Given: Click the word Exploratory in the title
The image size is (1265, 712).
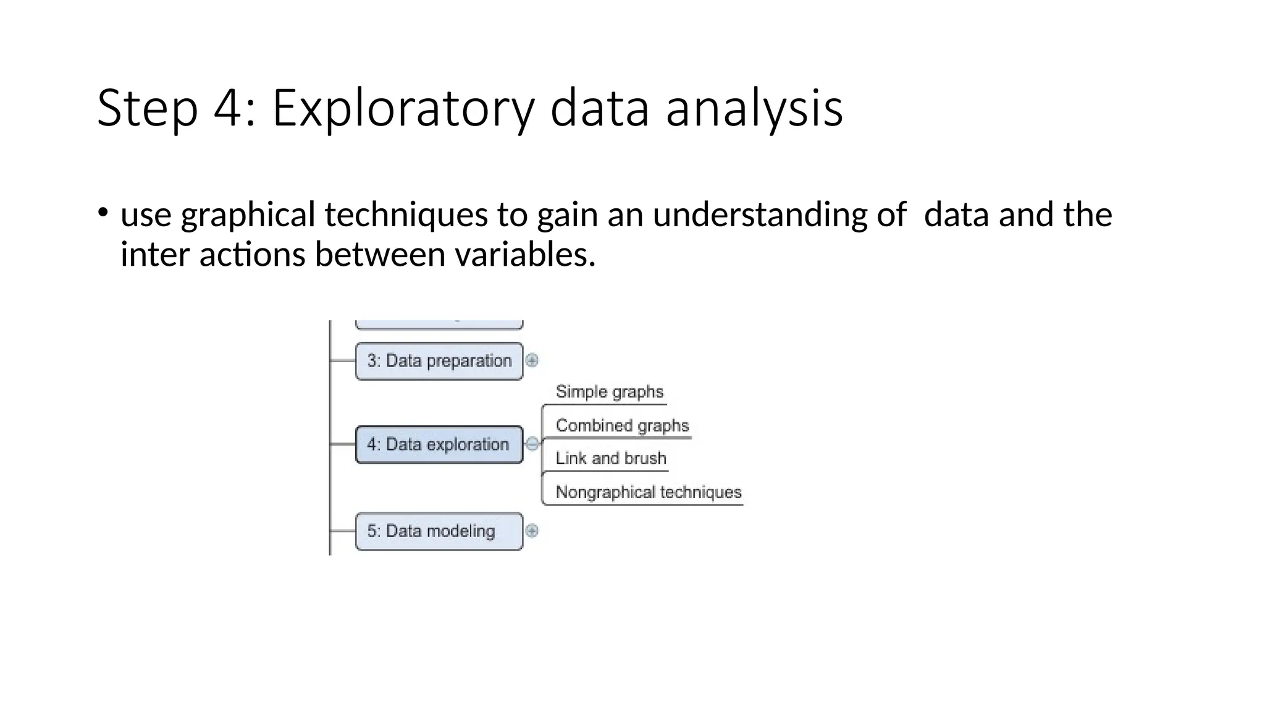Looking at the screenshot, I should (403, 109).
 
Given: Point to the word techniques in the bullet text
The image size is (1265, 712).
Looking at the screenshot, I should (407, 214).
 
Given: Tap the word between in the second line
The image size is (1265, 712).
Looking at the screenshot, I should (380, 254).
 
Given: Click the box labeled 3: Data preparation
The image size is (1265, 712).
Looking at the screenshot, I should (439, 361).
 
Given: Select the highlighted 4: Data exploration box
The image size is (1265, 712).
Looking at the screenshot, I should (439, 444).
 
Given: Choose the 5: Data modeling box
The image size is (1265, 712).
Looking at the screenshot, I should (439, 531).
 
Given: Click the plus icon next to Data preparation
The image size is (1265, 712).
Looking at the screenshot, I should (532, 360).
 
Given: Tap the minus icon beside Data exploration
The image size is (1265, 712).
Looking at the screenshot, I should (532, 444).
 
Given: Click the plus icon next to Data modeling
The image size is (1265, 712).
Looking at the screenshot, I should (532, 530).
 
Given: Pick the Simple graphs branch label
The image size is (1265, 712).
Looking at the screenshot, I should (609, 392).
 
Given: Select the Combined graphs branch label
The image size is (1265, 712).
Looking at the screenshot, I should (621, 425).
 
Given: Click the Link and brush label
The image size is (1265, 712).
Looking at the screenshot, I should (610, 458).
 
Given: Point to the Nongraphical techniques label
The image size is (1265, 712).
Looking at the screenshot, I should (648, 492).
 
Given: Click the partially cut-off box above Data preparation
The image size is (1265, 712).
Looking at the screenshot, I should (439, 324).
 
